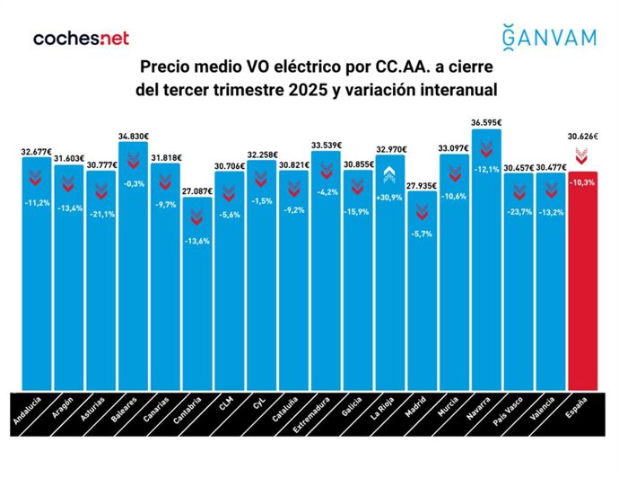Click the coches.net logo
click(81, 38)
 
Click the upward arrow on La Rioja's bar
click(389, 175)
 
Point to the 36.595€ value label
click(486, 122)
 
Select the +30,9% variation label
click(389, 197)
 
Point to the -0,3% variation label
click(133, 183)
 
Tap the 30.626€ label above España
click(582, 137)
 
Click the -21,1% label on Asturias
click(100, 213)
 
